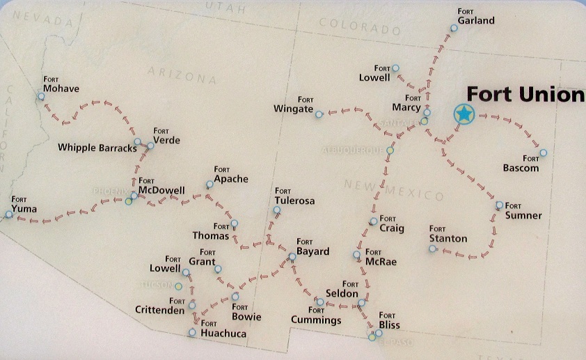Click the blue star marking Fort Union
(464, 114)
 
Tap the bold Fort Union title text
(525, 94)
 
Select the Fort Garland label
(476, 17)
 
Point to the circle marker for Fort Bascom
(544, 152)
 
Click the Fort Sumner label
(523, 212)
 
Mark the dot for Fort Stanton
(432, 249)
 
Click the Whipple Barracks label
(97, 147)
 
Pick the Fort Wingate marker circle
(319, 114)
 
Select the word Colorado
(359, 25)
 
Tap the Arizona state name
(183, 75)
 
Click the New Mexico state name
(393, 189)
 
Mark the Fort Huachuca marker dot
(193, 333)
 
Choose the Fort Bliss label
(389, 322)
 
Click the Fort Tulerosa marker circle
(277, 210)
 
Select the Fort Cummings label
(316, 317)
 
